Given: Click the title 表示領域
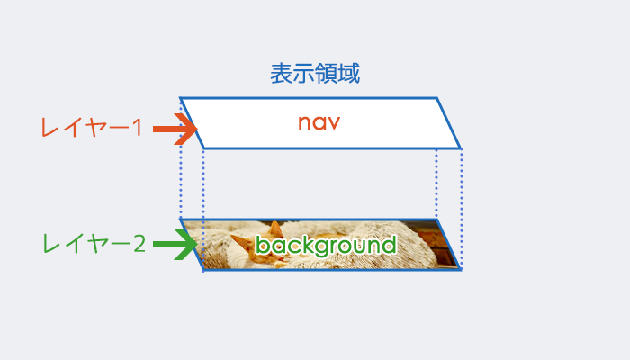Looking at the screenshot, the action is pos(315,74).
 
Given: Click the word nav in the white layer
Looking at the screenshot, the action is pos(319,122).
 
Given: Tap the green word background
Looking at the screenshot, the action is pos(326,245).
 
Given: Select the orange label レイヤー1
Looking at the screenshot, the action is pos(92,128).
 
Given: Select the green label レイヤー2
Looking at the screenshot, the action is pos(94,244).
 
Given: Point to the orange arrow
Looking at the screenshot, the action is pos(175,129).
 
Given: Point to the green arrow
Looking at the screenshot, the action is pos(175,244).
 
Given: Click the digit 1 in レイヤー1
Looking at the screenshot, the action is pos(138,128).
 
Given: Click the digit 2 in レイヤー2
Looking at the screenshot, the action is pos(139,244).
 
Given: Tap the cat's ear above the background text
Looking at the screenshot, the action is pos(275,229).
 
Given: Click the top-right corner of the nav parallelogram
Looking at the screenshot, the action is pos(437,97).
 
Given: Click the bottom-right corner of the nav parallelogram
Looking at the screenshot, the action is pos(461,148).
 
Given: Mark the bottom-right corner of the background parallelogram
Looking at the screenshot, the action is pos(461,270).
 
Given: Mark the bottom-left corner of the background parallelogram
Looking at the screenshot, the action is pos(203,270).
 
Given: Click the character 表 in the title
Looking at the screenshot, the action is pos(281,74).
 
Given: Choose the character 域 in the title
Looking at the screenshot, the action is pos(349,74).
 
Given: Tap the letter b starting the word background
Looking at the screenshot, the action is pos(262,244).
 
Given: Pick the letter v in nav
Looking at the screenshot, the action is pos(334,123).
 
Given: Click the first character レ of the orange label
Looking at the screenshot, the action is pos(49,128).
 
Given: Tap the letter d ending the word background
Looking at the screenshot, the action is pos(390,244).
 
